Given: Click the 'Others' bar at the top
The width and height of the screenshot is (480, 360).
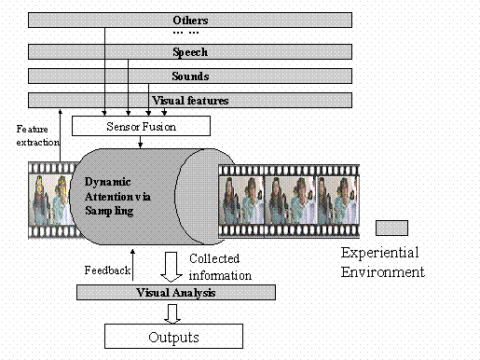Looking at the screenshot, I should point(190,20).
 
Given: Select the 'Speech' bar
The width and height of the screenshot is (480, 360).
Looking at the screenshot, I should point(190,52).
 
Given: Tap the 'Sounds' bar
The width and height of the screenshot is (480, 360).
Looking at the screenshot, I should point(190,76).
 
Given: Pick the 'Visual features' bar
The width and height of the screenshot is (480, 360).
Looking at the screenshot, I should point(190,100).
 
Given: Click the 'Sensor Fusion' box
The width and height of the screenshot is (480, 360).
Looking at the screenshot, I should point(141,124).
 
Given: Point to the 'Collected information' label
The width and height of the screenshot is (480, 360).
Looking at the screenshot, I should point(220,267).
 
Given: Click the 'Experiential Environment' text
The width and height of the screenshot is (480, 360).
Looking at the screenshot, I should point(381,262).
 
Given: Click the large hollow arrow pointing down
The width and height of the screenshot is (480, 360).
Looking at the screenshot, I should point(171,265).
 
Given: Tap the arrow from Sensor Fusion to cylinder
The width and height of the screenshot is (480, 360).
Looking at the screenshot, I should point(141,141).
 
